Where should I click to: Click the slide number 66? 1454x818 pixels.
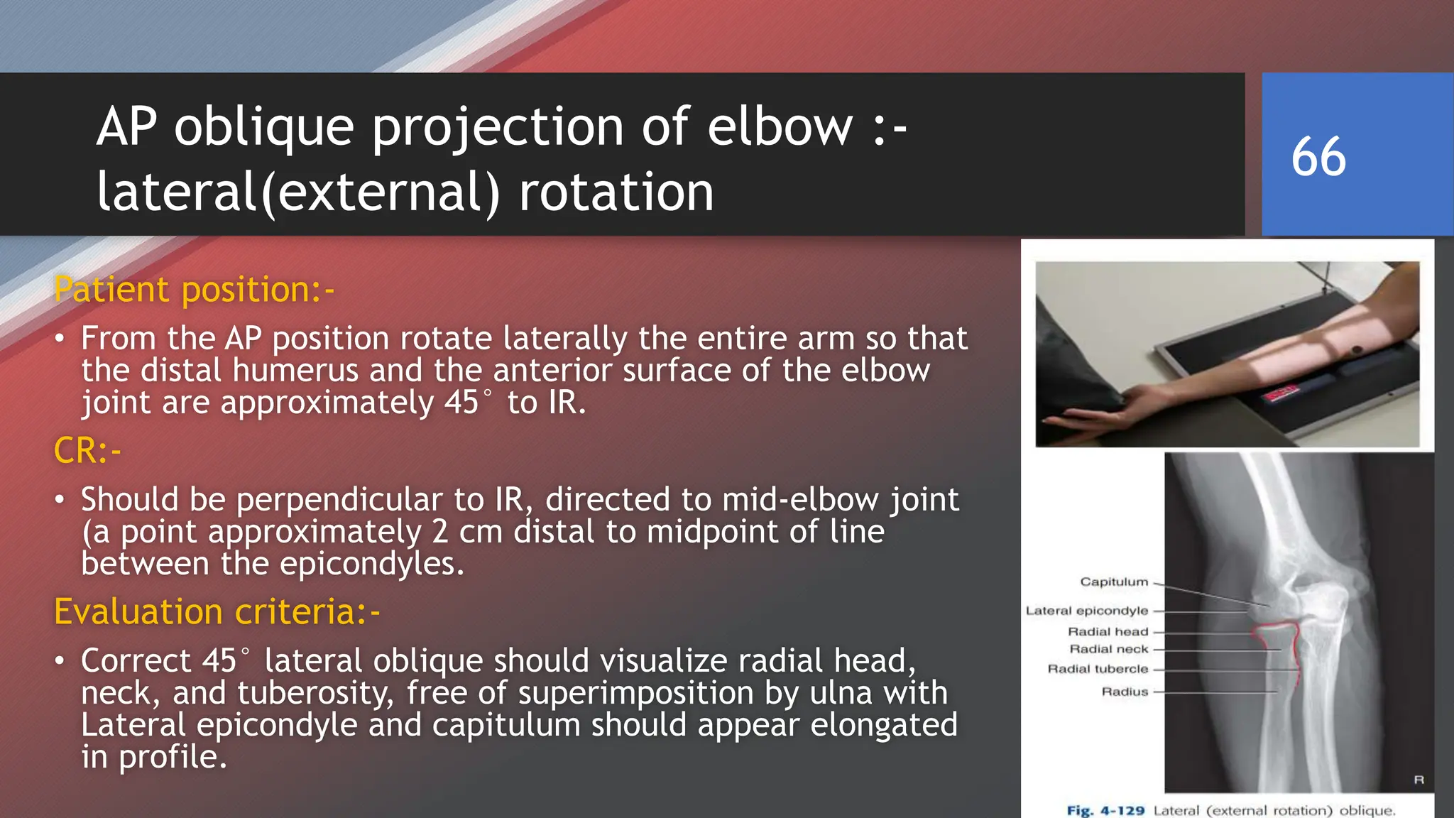[1318, 157]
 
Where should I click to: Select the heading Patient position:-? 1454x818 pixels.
[194, 290]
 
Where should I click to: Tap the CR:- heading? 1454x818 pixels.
[87, 451]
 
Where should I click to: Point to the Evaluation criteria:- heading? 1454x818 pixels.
[217, 611]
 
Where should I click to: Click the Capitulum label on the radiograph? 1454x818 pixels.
[1114, 582]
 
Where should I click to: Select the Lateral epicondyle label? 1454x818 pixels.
[1086, 611]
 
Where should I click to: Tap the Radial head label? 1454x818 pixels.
[1108, 631]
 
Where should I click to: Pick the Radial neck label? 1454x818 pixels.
[1108, 649]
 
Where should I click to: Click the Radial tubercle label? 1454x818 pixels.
[1098, 669]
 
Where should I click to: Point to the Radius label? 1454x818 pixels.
[1125, 692]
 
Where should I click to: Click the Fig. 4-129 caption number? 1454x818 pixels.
[1105, 810]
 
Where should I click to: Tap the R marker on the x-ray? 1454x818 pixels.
[1419, 780]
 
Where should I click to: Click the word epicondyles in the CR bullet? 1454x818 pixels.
[372, 564]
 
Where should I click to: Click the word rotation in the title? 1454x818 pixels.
[616, 192]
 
